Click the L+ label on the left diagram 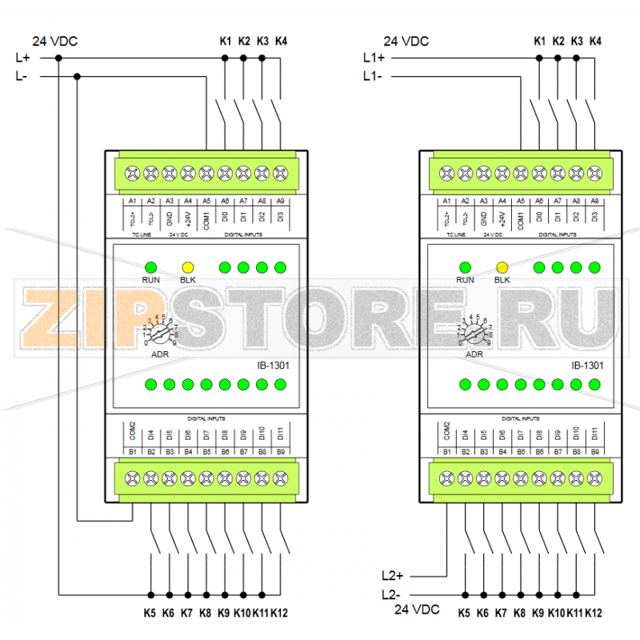coord(22,58)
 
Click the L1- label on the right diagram coord(373,77)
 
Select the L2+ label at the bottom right coord(393,575)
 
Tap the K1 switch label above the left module coord(225,40)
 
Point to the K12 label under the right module coord(594,614)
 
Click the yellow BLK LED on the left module coord(188,267)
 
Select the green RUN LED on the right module coord(465,267)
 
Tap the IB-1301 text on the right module coord(587,366)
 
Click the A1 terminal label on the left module coord(133,201)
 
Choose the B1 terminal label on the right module coord(446,453)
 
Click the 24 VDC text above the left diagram coord(54,41)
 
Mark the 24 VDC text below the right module coord(417,610)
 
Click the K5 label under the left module coord(150,614)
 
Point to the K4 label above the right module coord(595,40)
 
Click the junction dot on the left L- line coord(77,77)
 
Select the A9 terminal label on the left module coord(280,201)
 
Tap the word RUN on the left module coord(150,280)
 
